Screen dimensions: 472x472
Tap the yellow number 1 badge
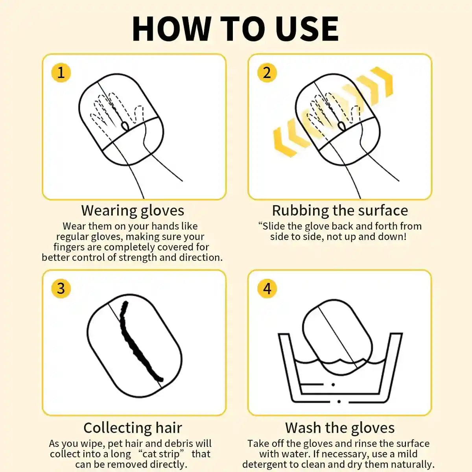61,73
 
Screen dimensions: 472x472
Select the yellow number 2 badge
267,73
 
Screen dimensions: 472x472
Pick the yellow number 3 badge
61,288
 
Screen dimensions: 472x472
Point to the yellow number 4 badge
267,289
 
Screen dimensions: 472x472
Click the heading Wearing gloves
133,210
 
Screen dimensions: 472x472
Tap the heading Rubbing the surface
340,210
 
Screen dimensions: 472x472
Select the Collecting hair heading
133,428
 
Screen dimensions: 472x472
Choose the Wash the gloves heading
340,428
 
